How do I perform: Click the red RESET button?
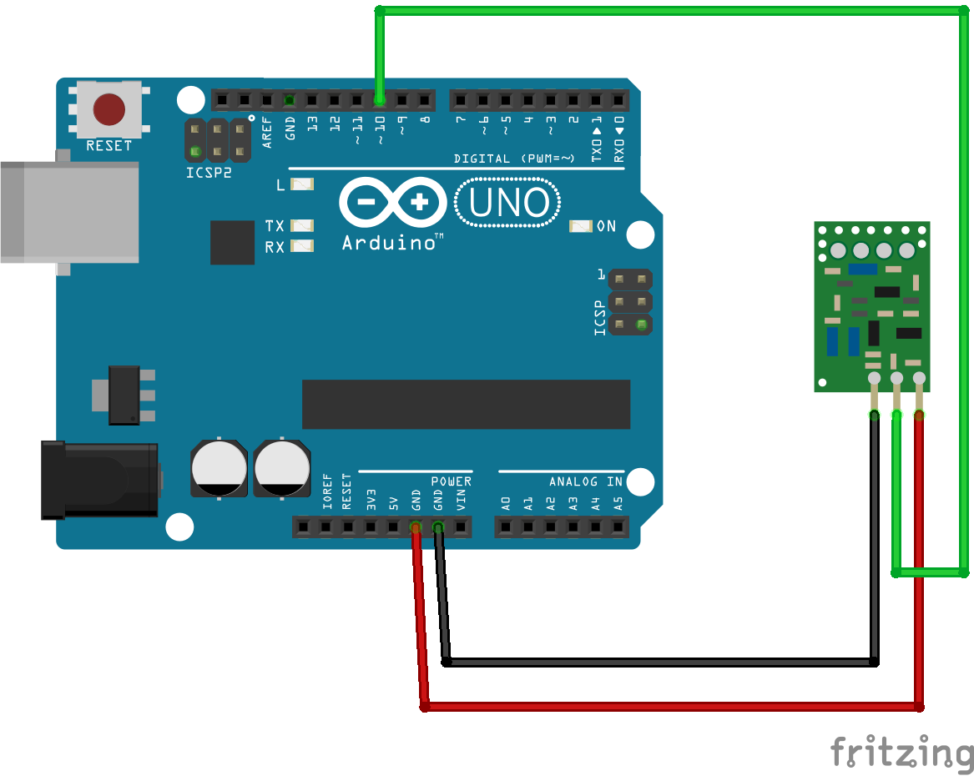[109, 108]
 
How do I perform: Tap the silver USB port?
[68, 212]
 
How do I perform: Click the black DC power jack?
[99, 481]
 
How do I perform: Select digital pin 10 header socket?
[380, 100]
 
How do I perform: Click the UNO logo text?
[508, 204]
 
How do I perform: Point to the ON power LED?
[580, 226]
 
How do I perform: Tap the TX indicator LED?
[301, 226]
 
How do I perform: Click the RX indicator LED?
[301, 246]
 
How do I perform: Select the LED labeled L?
[301, 184]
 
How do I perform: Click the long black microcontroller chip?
[466, 405]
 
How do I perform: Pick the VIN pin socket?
[460, 527]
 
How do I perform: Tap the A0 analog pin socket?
[505, 527]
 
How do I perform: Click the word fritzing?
[901, 752]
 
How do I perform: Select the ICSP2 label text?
[209, 174]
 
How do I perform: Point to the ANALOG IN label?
[585, 481]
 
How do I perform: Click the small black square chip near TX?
[232, 242]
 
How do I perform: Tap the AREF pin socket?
[266, 100]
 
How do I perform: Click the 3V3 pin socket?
[370, 527]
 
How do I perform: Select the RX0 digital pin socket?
[618, 100]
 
